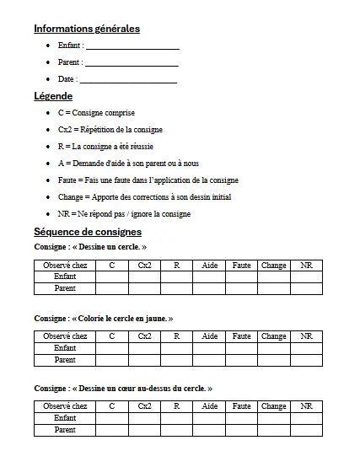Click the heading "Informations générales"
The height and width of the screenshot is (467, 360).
coord(86,29)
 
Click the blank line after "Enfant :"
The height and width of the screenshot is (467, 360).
coord(132,46)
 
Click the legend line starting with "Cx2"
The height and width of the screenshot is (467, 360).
coord(110,130)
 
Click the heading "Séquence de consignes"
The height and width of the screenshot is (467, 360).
coord(88,232)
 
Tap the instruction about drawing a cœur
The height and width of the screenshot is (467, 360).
coord(123,389)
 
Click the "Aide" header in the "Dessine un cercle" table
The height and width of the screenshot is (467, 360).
coord(210,266)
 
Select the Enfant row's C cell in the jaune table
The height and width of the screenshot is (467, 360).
coord(111,348)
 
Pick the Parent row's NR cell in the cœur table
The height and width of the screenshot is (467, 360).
coord(306,430)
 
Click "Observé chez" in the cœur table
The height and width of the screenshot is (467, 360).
coord(65,406)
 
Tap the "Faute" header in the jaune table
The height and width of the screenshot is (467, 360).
coord(241,336)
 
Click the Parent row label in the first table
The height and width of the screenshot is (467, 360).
coord(65,288)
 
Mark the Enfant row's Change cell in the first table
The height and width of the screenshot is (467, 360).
coord(273,276)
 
